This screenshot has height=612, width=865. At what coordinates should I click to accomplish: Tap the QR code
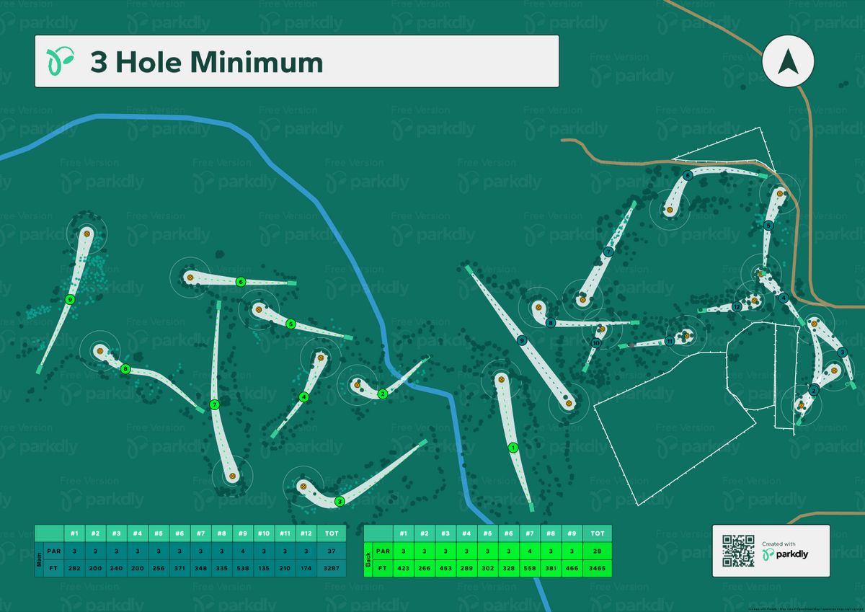[x=737, y=551]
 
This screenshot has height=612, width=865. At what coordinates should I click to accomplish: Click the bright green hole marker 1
[x=513, y=448]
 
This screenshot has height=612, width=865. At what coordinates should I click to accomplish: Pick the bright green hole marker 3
[x=340, y=501]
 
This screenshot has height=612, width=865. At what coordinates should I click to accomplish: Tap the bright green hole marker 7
[x=214, y=405]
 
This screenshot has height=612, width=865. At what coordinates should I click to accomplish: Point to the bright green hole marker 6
[x=241, y=282]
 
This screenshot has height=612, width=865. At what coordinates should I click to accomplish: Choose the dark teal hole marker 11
[x=670, y=341]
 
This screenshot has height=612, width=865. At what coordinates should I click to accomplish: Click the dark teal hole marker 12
[x=736, y=307]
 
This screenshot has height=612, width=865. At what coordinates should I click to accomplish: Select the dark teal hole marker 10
[x=596, y=342]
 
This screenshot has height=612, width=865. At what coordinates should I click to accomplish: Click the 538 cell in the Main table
[x=242, y=567]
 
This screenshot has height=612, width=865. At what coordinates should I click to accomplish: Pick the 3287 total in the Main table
[x=332, y=567]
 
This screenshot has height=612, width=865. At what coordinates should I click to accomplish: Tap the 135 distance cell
[x=263, y=567]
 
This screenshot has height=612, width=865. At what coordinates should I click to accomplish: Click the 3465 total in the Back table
[x=597, y=567]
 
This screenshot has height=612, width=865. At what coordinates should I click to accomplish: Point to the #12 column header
[x=306, y=533]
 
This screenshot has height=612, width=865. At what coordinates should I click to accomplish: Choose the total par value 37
[x=332, y=551]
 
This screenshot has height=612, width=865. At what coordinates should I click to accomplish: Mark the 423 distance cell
[x=404, y=567]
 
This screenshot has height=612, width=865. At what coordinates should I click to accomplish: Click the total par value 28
[x=597, y=551]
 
